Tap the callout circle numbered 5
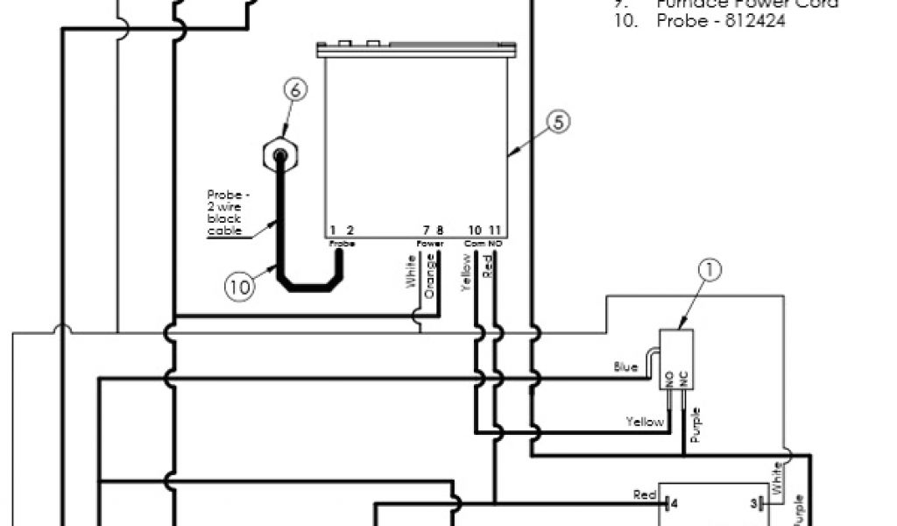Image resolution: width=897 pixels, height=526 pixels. pyautogui.click(x=558, y=123)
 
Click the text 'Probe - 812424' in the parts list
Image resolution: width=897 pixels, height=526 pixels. pyautogui.click(x=720, y=21)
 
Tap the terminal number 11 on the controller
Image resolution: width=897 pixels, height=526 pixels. pyautogui.click(x=495, y=231)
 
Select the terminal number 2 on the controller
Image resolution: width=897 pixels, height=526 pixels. pyautogui.click(x=349, y=231)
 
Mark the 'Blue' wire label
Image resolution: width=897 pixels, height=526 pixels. pyautogui.click(x=625, y=367)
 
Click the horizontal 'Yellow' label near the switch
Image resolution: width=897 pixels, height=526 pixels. pyautogui.click(x=645, y=422)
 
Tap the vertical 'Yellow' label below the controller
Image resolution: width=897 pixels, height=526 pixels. pyautogui.click(x=465, y=272)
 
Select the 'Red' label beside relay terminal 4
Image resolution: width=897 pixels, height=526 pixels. pyautogui.click(x=645, y=495)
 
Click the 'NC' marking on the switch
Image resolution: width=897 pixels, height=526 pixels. pyautogui.click(x=683, y=380)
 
